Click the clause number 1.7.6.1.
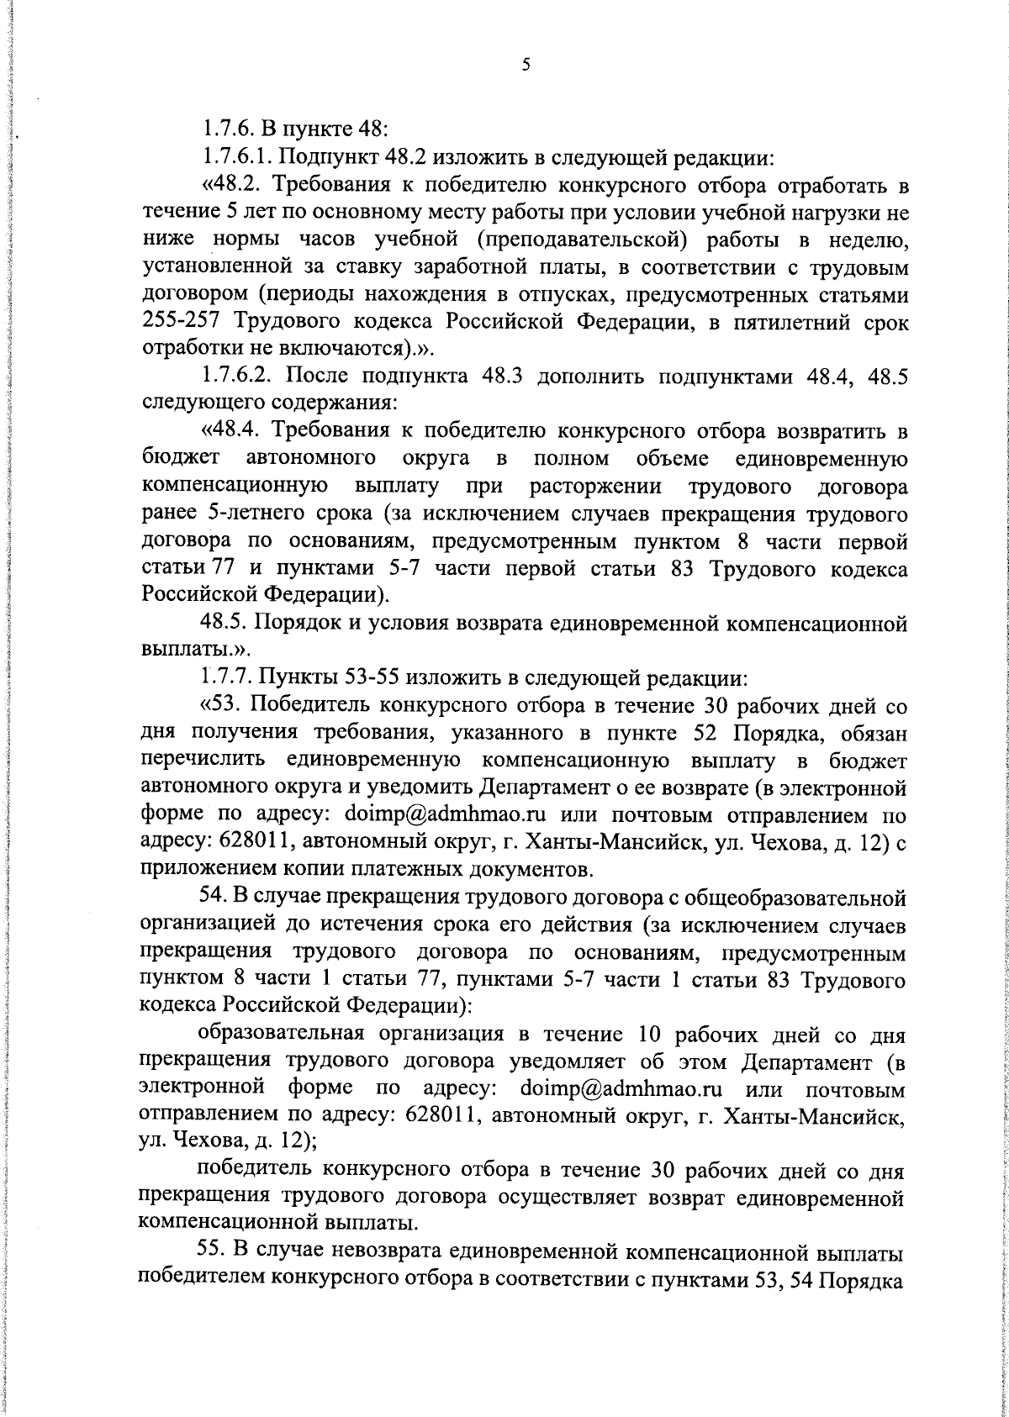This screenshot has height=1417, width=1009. (x=236, y=156)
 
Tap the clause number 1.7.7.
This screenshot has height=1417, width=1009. (x=224, y=677)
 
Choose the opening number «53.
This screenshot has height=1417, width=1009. (x=221, y=705)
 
